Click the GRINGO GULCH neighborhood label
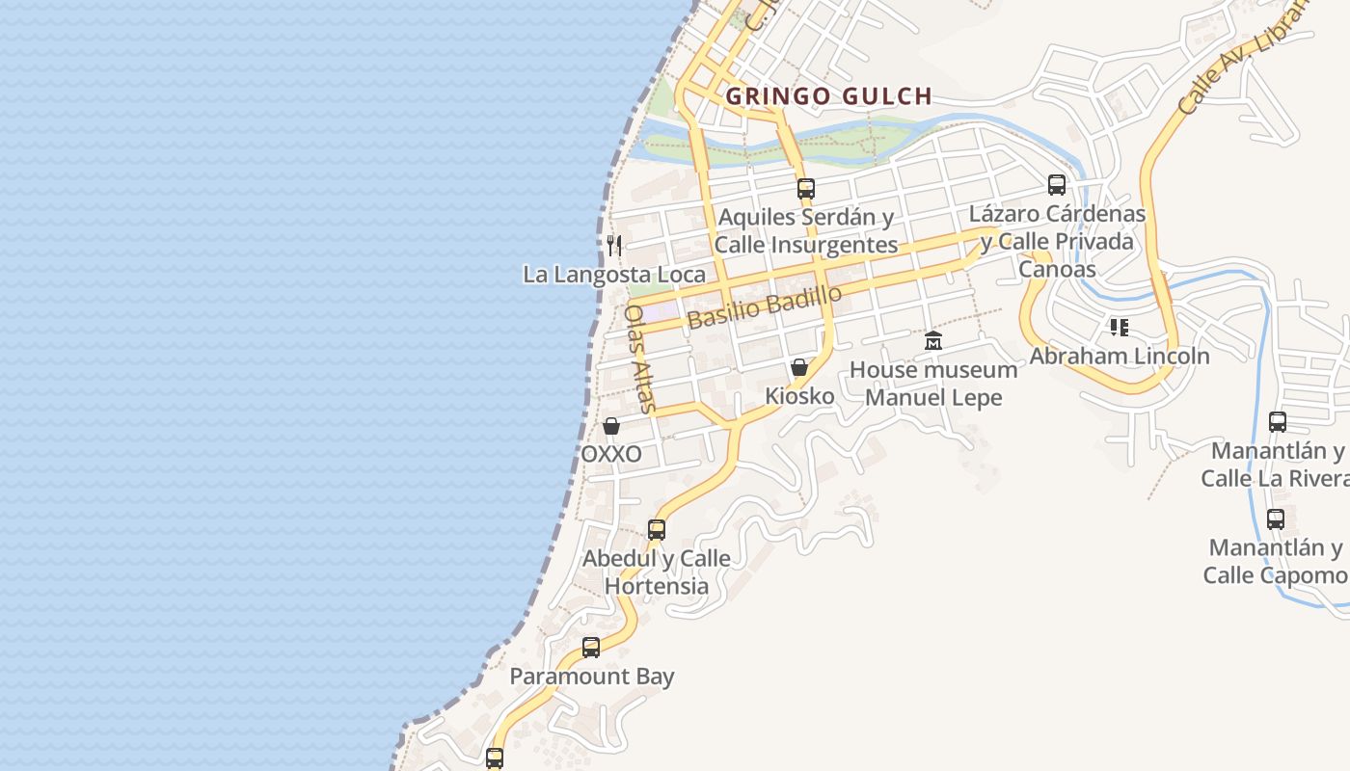828,96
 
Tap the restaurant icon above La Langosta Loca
614,246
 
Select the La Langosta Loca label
614,275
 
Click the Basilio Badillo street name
765,307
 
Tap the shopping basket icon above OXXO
611,426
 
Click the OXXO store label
611,454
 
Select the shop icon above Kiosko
799,367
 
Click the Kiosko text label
799,396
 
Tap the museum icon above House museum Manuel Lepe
932,341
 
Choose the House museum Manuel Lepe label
932,384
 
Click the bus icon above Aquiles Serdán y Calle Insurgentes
806,189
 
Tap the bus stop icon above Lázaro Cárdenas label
1057,185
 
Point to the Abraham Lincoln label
1119,357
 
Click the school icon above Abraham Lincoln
1119,328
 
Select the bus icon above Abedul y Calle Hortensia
657,530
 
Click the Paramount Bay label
591,677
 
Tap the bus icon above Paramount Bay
591,648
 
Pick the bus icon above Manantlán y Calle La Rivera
1278,422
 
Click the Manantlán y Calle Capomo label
1276,562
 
